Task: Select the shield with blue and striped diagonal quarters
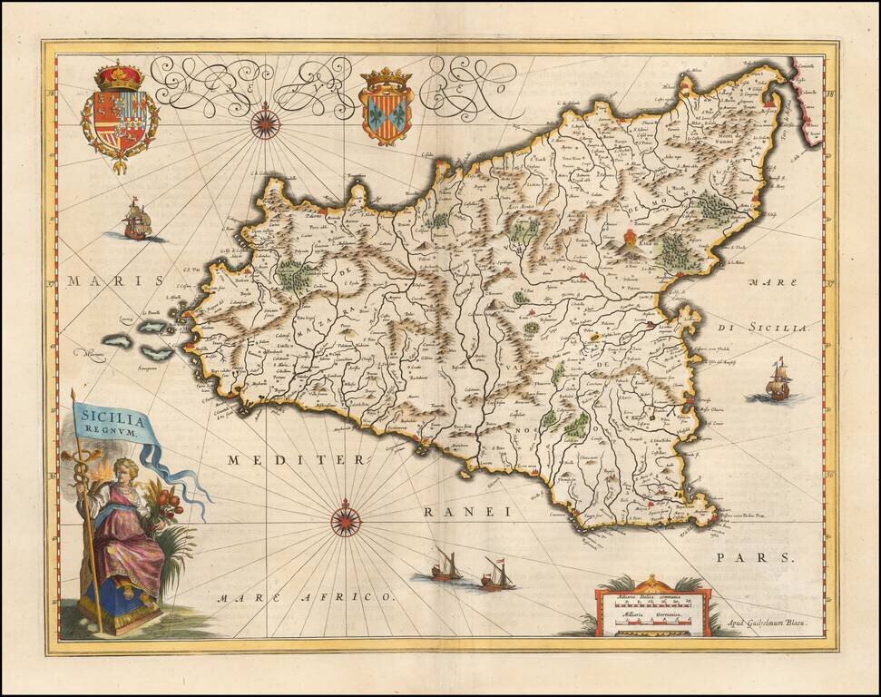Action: click(x=387, y=115)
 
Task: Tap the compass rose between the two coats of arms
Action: click(x=265, y=122)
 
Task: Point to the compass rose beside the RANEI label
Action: click(x=346, y=519)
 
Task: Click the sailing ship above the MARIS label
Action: click(x=136, y=221)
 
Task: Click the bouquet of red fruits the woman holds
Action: click(x=166, y=501)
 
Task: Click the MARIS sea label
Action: click(x=101, y=281)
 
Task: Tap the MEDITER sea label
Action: click(x=296, y=460)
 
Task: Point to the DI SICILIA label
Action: click(x=774, y=327)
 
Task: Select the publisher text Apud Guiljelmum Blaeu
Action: click(x=769, y=623)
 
